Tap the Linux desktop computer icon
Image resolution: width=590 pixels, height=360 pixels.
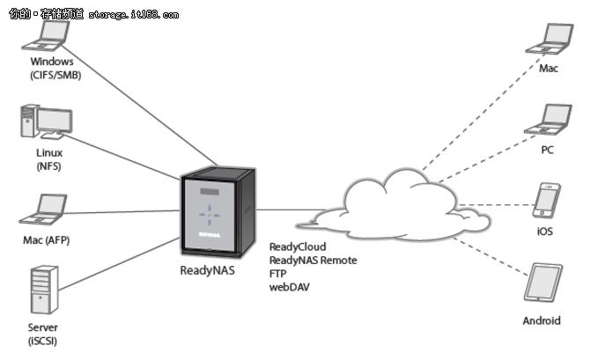(x=42, y=122)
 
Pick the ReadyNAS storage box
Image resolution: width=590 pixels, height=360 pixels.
(x=216, y=212)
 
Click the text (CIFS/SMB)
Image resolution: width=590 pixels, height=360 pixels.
(x=52, y=75)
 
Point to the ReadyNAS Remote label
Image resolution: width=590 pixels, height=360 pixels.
(x=313, y=261)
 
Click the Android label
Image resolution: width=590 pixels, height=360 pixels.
(x=542, y=320)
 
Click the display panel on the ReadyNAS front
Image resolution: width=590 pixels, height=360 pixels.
(x=209, y=193)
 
